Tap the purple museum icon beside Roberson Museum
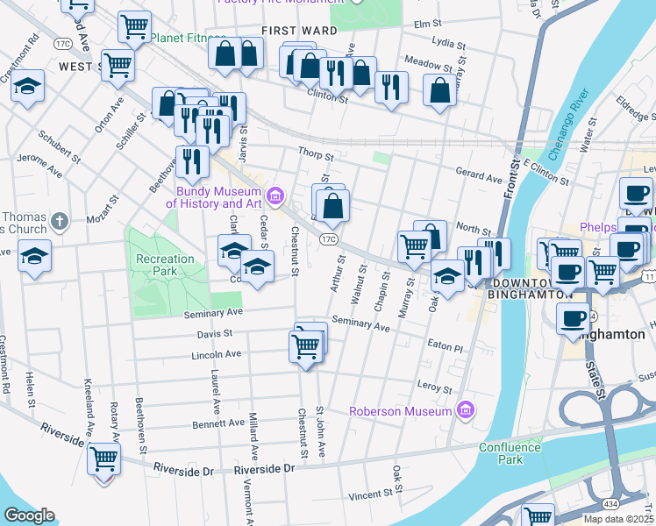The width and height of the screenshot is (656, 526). pos(466,410)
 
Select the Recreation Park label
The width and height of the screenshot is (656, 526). pos(164,265)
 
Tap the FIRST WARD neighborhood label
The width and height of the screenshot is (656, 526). pos(299,31)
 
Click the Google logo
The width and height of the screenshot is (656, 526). pos(29,515)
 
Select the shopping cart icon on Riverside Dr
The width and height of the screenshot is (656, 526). pos(104,457)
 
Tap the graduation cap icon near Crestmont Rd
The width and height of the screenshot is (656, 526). pos(28,86)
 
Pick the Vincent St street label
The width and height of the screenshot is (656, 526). pos(369,496)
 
